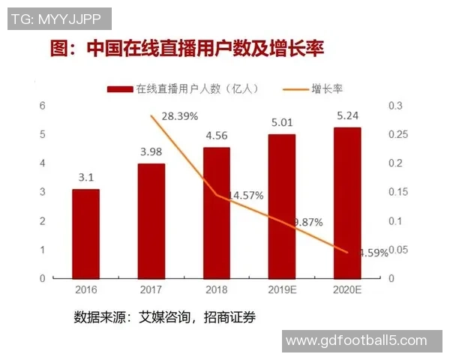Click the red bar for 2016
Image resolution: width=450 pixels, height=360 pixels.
pyautogui.click(x=85, y=233)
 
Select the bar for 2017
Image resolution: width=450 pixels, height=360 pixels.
pyautogui.click(x=151, y=220)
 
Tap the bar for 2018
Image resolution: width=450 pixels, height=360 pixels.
pyautogui.click(x=216, y=212)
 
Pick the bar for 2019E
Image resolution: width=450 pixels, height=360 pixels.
pyautogui.click(x=281, y=206)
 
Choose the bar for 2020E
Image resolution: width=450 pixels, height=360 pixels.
pyautogui.click(x=346, y=202)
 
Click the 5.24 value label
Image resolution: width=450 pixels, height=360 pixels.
pyautogui.click(x=347, y=116)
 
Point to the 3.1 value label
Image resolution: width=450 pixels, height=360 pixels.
pyautogui.click(x=85, y=178)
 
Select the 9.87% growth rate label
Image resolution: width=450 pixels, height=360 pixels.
pyautogui.click(x=307, y=222)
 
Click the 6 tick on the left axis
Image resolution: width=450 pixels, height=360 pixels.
pyautogui.click(x=42, y=106)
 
